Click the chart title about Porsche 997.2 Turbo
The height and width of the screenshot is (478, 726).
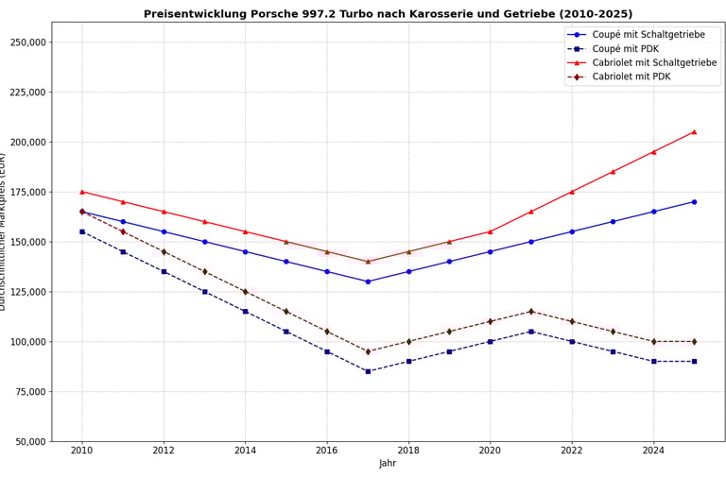[388, 14]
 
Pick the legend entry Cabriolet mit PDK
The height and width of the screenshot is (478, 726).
[631, 77]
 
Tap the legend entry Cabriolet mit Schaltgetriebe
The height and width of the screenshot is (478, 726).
[654, 62]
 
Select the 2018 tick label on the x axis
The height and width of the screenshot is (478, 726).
[408, 451]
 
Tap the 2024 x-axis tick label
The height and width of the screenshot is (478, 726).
[653, 451]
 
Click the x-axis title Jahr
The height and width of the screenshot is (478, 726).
[388, 464]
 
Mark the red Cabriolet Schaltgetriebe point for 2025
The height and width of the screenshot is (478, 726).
[694, 132]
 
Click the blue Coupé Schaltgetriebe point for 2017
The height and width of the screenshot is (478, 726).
[368, 282]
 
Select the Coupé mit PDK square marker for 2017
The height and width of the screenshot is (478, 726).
[368, 371]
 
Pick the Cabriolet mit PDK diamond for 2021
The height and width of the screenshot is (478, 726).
[530, 312]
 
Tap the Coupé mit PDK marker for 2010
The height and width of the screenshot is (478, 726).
[82, 231]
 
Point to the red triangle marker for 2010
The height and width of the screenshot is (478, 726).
[82, 192]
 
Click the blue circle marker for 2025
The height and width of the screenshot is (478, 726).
[694, 201]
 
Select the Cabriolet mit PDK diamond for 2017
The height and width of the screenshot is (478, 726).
[368, 351]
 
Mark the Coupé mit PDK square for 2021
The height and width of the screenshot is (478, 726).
[530, 332]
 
